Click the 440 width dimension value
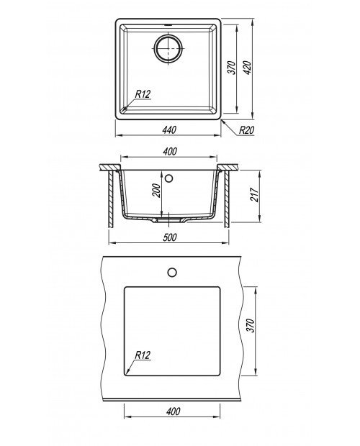(x=169, y=129)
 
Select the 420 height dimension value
(x=247, y=68)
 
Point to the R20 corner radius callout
(x=246, y=130)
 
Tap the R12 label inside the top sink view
(x=143, y=94)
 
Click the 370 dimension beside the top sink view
(x=232, y=68)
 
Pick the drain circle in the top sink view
(x=168, y=48)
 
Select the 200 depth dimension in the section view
(x=156, y=191)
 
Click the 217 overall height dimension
(x=254, y=195)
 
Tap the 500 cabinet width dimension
(x=170, y=237)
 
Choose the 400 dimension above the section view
(x=170, y=151)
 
